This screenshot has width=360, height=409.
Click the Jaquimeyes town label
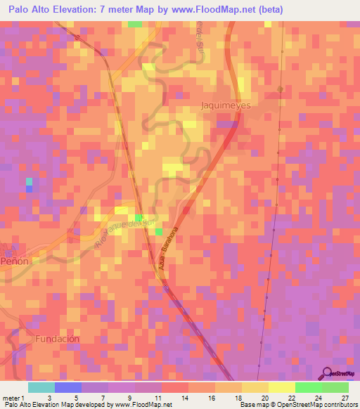(226, 105)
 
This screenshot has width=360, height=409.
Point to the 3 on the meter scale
(49, 398)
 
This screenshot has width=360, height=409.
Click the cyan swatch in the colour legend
(41, 387)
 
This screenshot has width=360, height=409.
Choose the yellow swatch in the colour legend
(281, 387)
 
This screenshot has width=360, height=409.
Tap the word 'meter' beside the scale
(11, 398)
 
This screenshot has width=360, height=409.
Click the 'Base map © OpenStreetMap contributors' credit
(297, 405)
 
